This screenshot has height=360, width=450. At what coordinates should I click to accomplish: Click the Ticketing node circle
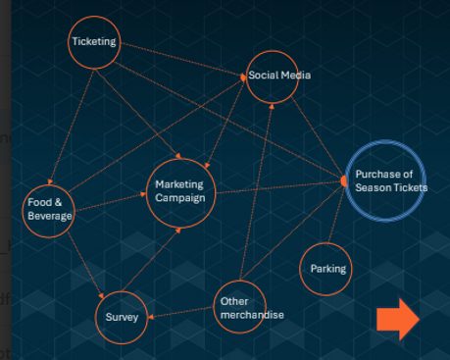pyautogui.click(x=94, y=42)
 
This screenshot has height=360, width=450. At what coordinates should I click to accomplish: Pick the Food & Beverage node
pyautogui.click(x=50, y=209)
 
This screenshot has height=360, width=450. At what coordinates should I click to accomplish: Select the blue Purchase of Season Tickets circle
pyautogui.click(x=385, y=180)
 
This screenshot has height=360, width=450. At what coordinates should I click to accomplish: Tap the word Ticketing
pyautogui.click(x=94, y=42)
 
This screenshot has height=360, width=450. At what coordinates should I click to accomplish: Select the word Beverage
pyautogui.click(x=50, y=216)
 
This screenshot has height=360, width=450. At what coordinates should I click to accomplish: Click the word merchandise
pyautogui.click(x=251, y=315)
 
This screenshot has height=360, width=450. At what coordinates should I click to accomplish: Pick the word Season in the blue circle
pyautogui.click(x=371, y=187)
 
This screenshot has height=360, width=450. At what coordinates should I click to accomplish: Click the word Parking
pyautogui.click(x=327, y=268)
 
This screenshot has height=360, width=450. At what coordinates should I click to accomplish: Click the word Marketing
pyautogui.click(x=178, y=184)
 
